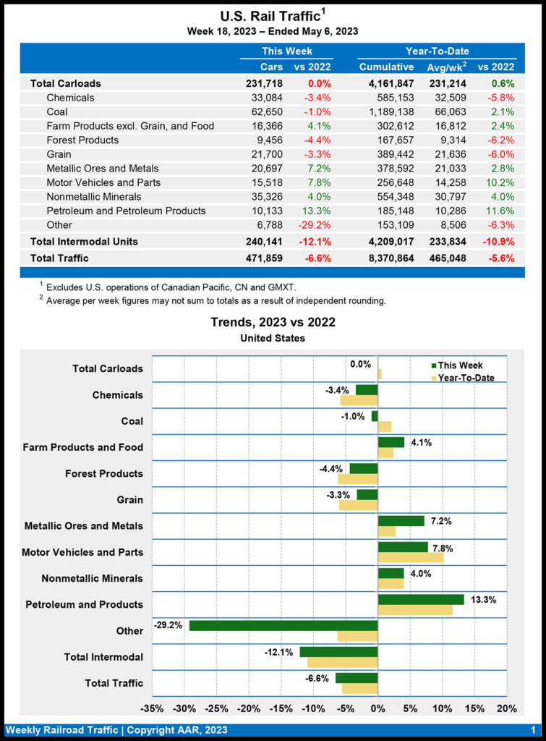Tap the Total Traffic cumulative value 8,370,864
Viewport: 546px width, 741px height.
click(x=386, y=257)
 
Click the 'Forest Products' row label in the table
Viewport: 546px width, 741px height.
click(x=82, y=140)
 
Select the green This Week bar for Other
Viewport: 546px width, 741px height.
click(x=283, y=625)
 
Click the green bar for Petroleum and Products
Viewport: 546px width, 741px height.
click(x=421, y=599)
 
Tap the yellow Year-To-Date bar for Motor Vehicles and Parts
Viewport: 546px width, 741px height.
click(x=411, y=557)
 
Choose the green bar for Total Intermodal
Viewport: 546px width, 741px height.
click(x=338, y=652)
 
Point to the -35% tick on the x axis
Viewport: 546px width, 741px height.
click(x=152, y=707)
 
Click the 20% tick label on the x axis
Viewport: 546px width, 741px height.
click(x=507, y=707)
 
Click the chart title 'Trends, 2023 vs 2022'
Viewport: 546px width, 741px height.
click(x=273, y=322)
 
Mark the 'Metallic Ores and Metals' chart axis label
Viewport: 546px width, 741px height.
click(x=83, y=526)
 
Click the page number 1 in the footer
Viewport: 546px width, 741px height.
click(x=532, y=729)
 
